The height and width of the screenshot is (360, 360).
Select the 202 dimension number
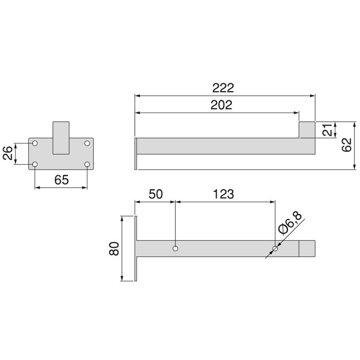click(221, 105)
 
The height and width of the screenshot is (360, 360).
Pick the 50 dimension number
click(155, 194)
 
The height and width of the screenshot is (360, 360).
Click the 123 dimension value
click(223, 194)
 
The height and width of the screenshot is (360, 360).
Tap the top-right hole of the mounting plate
click(87, 143)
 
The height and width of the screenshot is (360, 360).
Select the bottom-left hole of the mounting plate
click(35, 165)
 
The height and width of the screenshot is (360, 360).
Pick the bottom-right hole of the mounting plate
click(87, 165)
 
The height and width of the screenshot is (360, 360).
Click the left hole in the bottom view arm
click(176, 249)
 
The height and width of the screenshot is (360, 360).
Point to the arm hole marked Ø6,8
click(275, 249)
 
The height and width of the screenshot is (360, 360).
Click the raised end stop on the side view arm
click(307, 130)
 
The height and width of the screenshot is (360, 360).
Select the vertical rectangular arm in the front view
click(61, 138)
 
